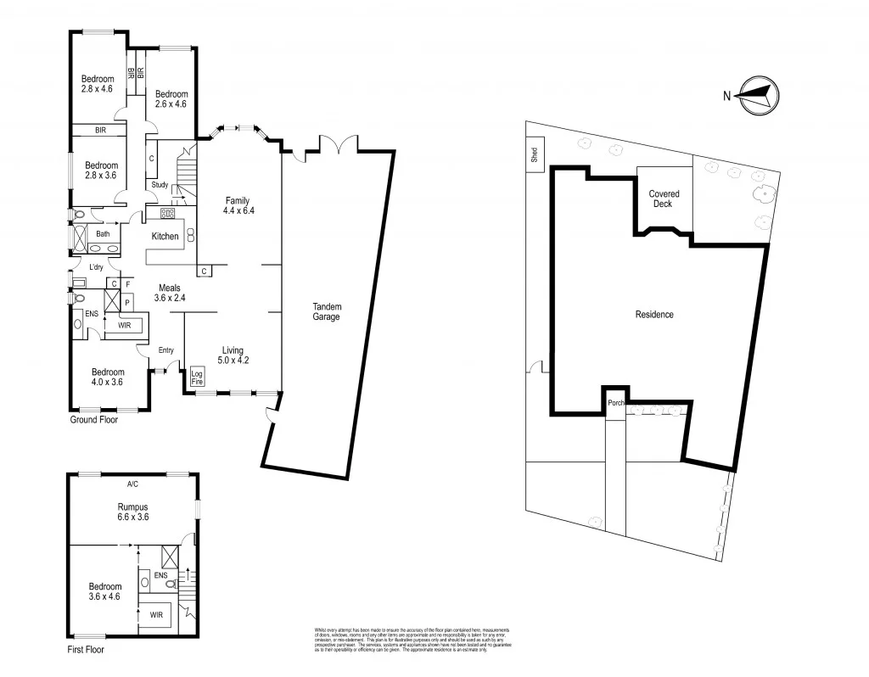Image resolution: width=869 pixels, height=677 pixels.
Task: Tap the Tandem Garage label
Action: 325,311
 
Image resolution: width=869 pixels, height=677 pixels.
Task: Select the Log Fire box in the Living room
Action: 197,377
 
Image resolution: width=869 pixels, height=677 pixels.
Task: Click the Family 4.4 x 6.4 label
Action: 237,205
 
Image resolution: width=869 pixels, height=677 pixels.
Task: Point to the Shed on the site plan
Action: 534,155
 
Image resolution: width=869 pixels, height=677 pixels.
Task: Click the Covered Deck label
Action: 664,199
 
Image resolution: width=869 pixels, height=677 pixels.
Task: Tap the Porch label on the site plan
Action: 616,403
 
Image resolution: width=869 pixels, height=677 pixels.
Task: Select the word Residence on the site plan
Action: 654,315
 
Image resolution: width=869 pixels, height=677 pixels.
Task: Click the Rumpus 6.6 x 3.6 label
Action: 133,512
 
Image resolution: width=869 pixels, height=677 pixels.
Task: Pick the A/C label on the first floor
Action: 132,484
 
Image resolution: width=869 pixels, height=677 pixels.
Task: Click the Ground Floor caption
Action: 93,419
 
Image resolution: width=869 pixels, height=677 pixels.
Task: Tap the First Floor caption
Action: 88,651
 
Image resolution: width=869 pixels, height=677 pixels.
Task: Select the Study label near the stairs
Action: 160,185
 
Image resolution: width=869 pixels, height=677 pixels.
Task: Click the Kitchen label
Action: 165,236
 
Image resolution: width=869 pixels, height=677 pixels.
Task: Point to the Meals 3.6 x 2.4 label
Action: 168,294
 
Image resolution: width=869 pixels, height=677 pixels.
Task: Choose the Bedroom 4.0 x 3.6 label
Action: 108,377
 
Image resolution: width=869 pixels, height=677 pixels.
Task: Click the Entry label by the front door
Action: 166,350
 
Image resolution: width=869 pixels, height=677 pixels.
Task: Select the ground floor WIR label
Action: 123,325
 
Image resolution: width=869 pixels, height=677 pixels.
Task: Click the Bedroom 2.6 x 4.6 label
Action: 171,99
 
